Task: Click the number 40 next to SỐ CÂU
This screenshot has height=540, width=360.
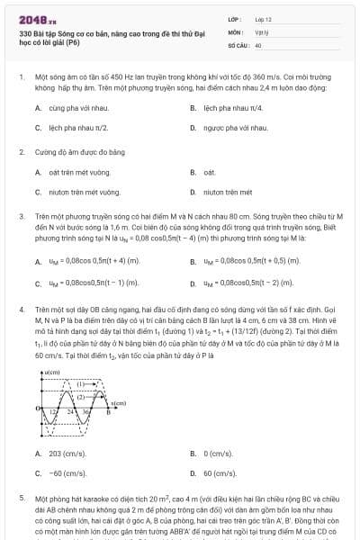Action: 258,44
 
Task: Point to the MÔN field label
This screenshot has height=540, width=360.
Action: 235,31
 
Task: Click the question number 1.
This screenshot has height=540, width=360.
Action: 21,78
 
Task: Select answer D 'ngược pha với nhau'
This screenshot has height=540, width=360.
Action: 235,128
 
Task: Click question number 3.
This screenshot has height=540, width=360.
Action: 21,216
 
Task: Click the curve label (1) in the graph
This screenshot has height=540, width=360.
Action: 80,383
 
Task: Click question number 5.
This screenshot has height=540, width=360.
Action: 21,497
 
